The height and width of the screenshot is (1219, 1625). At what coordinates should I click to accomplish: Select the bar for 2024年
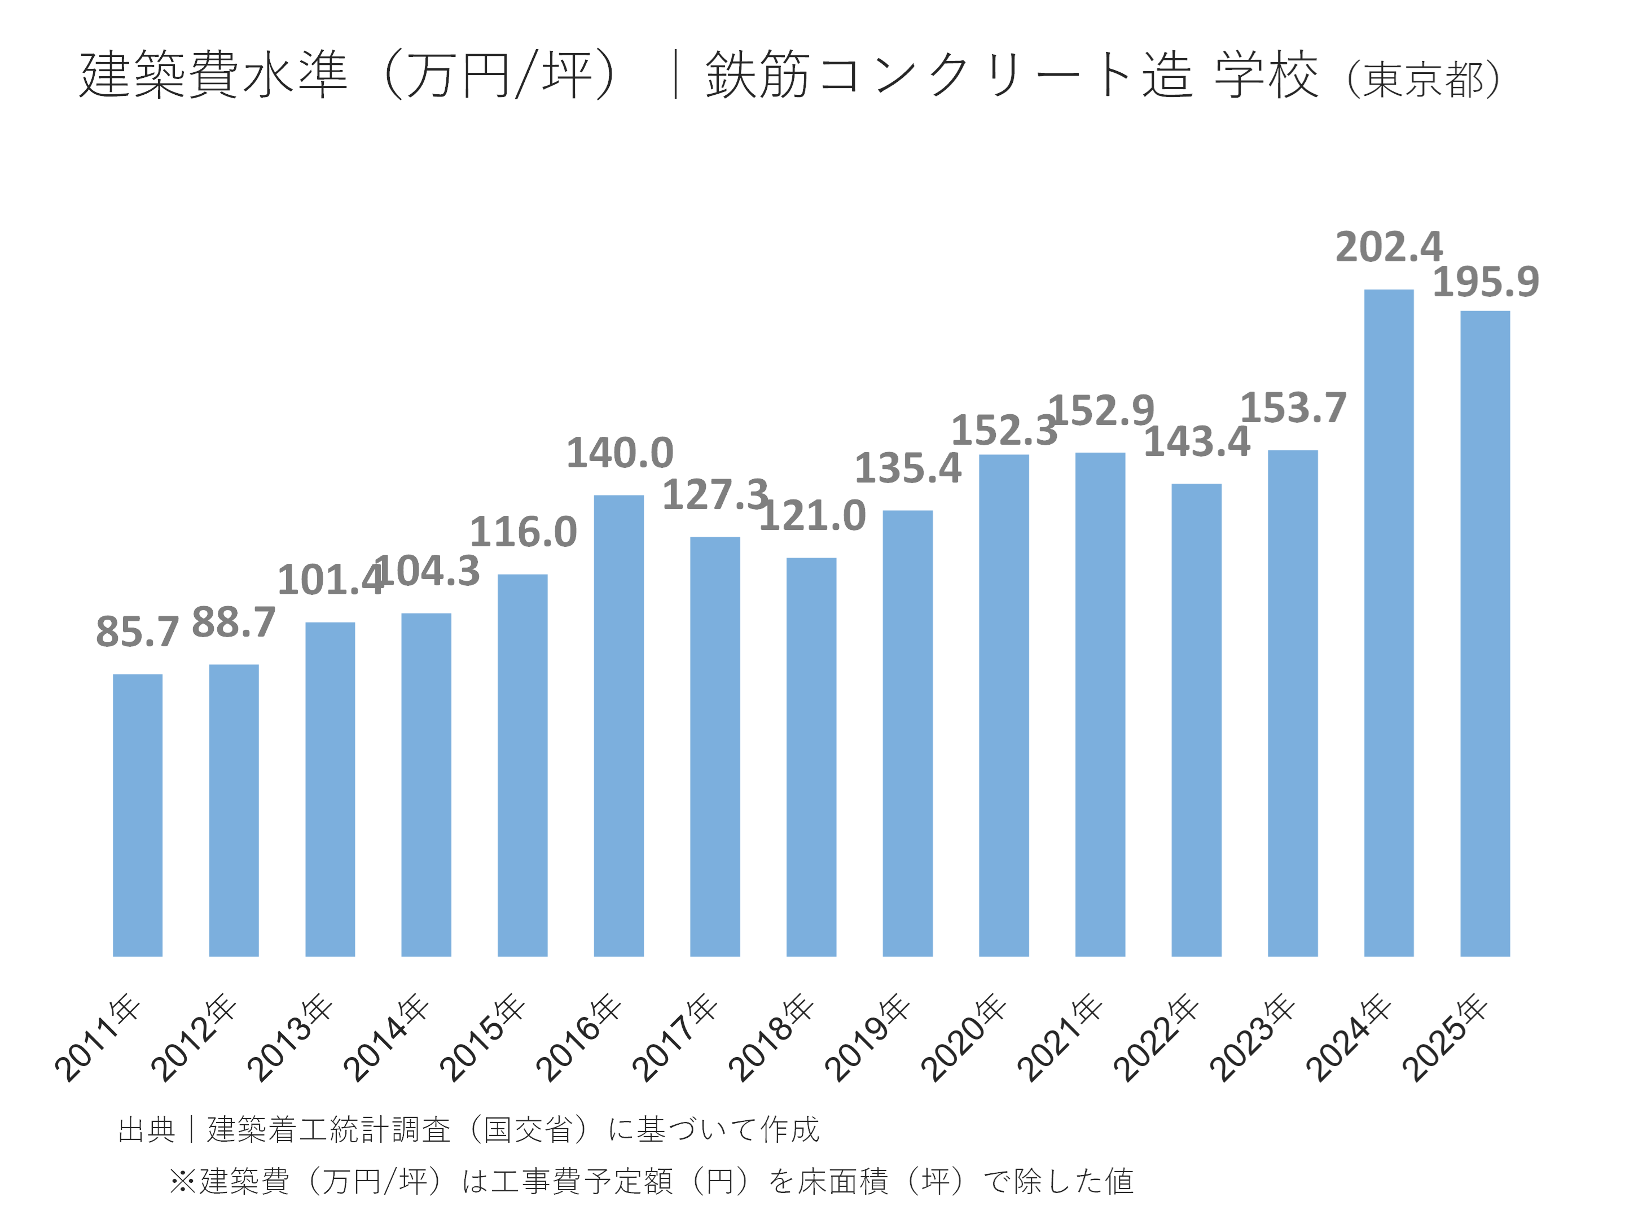point(1389,623)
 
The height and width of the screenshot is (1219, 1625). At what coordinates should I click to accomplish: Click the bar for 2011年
point(137,815)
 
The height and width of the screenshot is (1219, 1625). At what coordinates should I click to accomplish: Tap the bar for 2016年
point(618,726)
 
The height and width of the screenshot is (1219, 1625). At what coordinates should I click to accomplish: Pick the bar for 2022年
point(1196,720)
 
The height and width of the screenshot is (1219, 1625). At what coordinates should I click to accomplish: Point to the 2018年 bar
point(811,757)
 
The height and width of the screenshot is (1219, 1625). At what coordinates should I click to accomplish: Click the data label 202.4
point(1389,247)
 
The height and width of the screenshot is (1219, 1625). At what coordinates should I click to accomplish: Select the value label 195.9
point(1486,282)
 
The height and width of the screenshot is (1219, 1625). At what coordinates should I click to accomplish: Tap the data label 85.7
point(137,632)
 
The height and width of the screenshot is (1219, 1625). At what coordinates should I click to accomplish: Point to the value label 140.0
point(620,453)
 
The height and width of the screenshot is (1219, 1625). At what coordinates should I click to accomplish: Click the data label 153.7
point(1293,408)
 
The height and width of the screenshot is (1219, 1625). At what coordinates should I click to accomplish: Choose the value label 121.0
point(813,516)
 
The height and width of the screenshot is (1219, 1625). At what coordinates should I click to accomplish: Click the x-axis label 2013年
point(289,1037)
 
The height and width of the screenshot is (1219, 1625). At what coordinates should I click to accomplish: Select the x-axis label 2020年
point(963,1037)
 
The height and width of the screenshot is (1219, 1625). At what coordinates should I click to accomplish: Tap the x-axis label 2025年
point(1444,1037)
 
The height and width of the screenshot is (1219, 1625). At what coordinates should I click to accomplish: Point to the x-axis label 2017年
point(674,1037)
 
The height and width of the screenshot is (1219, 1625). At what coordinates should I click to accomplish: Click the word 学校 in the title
point(1266,75)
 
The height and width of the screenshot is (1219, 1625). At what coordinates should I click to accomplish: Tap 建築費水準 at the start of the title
point(213,75)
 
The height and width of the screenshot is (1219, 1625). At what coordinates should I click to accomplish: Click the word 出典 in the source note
point(146,1130)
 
